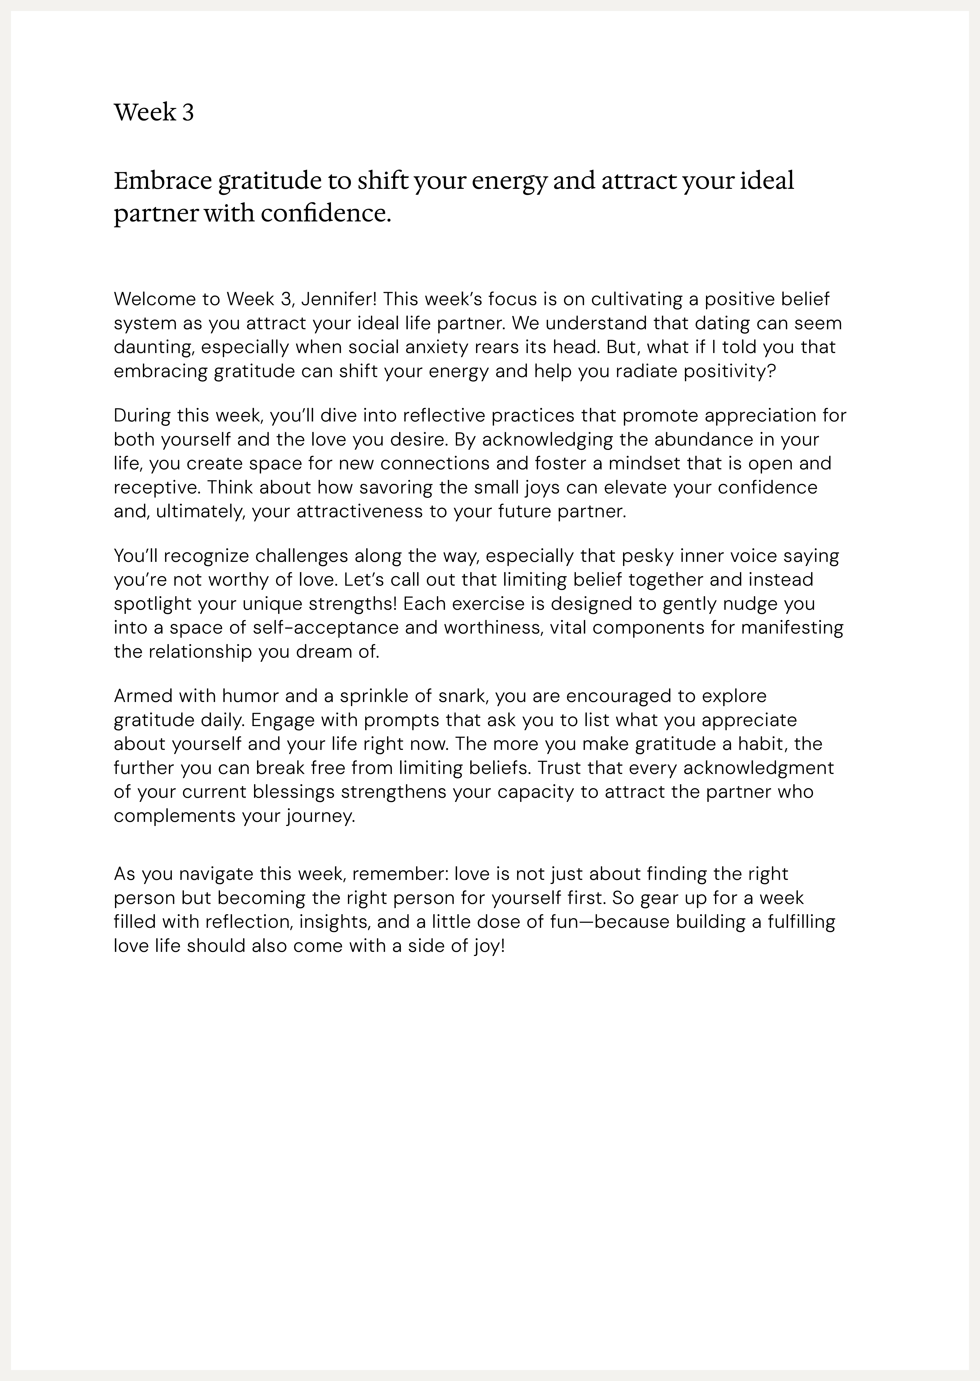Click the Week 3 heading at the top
154,113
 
